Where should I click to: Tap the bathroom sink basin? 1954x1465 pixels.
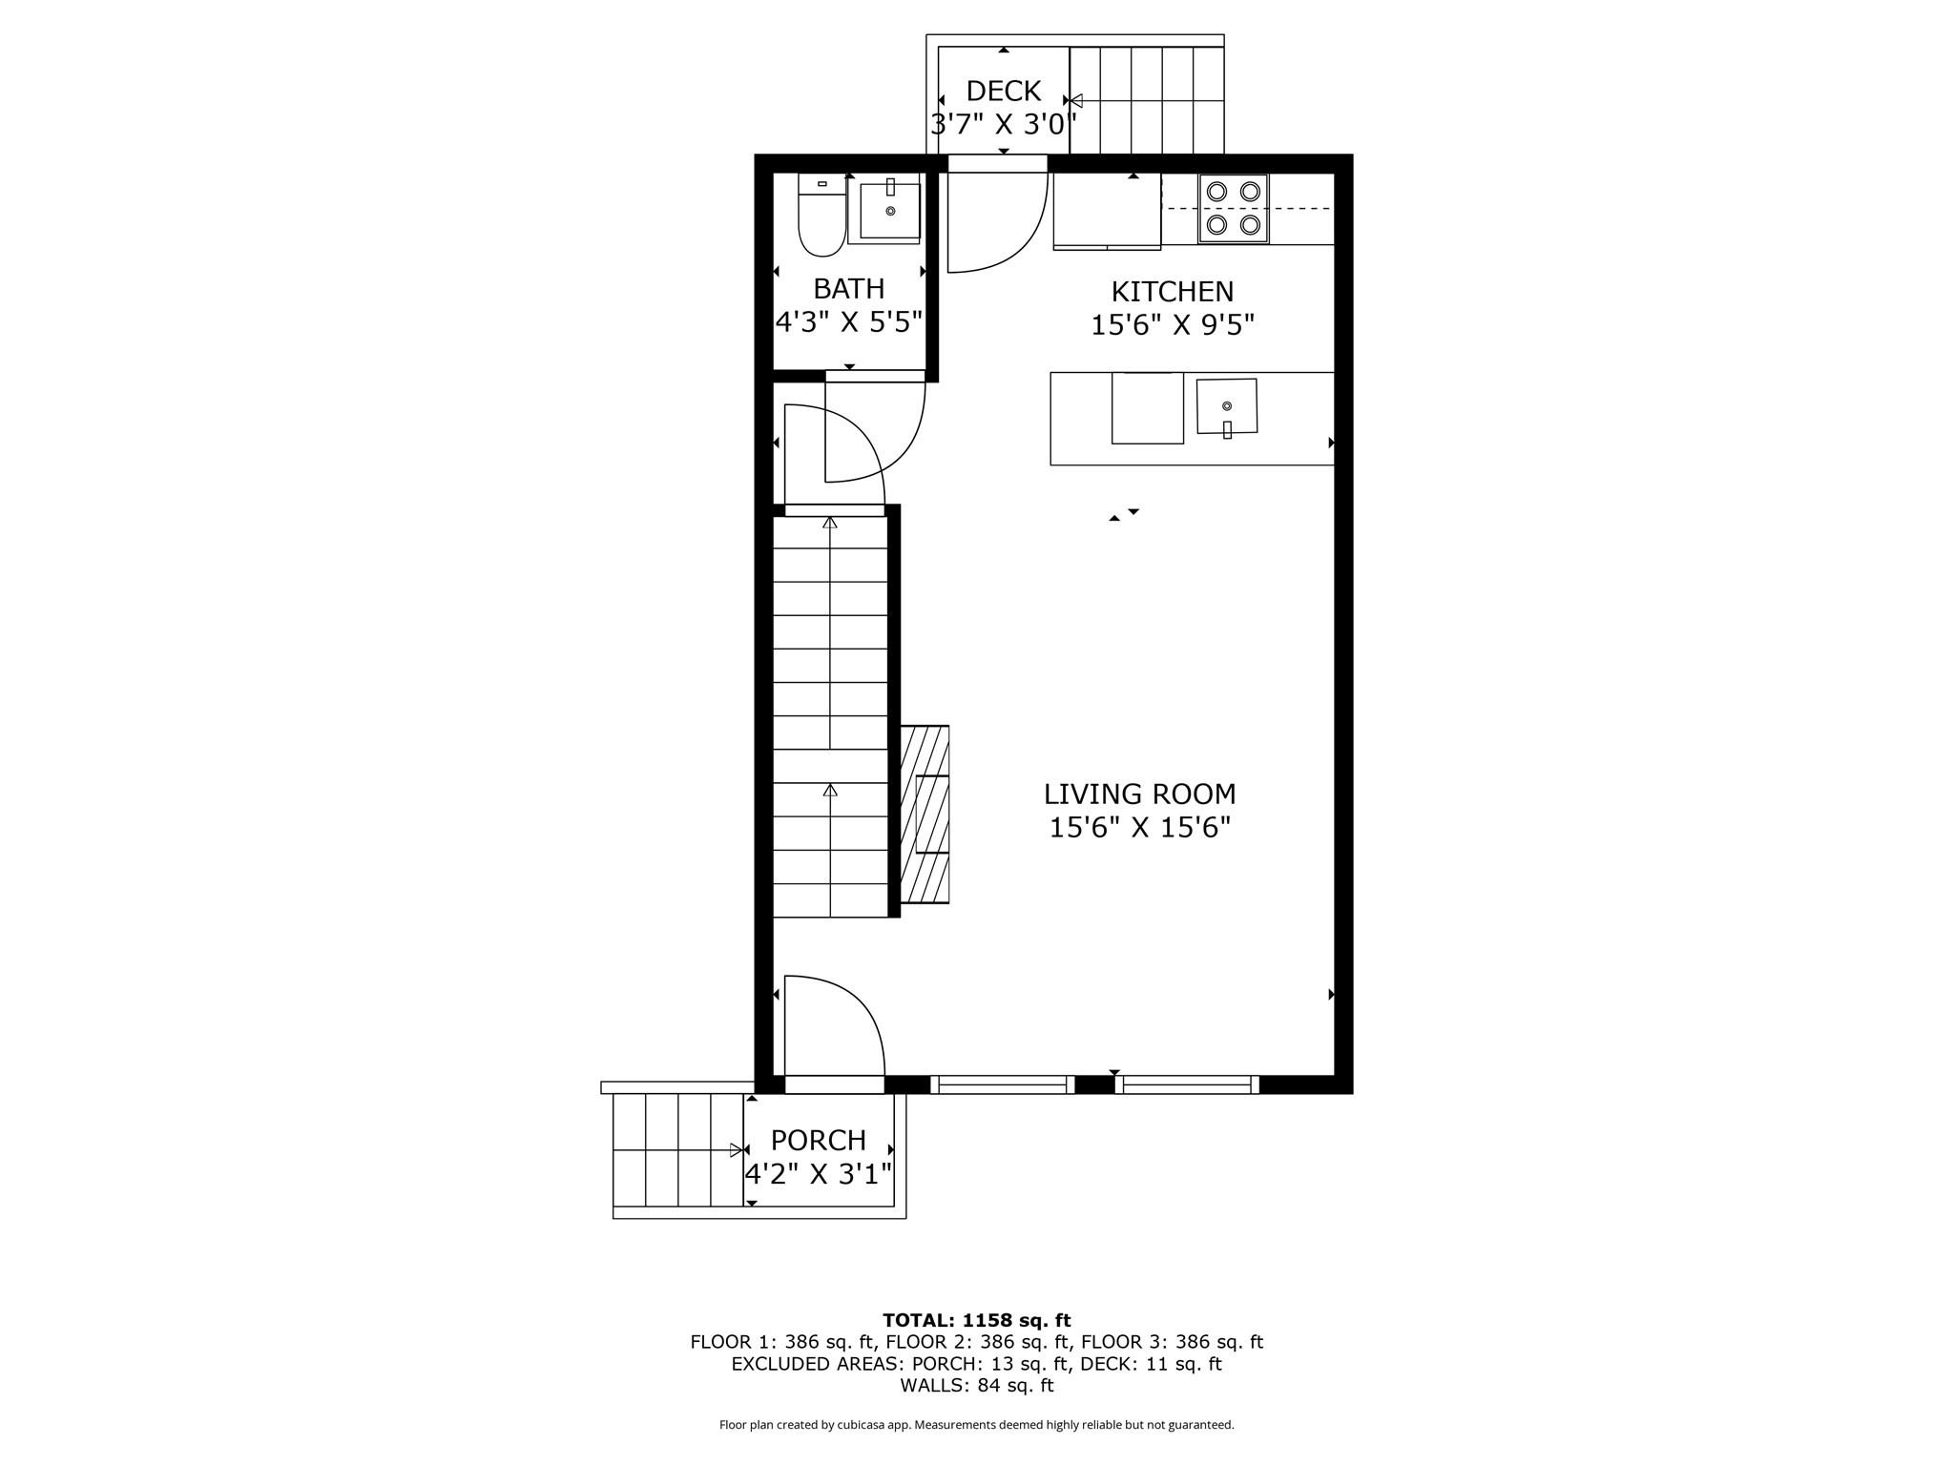tap(890, 210)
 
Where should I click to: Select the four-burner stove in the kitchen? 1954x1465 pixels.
tap(1233, 208)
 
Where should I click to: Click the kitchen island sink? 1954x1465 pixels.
tap(1227, 407)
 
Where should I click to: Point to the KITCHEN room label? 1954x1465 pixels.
tap(1172, 292)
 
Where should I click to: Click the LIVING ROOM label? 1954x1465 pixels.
tap(1139, 794)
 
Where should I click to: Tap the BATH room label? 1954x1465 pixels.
tap(848, 289)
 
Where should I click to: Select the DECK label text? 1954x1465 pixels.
tap(1003, 92)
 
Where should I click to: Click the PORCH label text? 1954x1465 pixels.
tap(818, 1141)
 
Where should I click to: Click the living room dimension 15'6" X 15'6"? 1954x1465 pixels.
tap(1139, 828)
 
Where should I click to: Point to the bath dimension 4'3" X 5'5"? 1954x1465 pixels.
tap(848, 322)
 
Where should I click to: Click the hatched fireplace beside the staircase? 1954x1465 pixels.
tap(925, 815)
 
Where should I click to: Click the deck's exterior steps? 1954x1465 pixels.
tap(1146, 100)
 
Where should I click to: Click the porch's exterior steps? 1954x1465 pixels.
tap(677, 1150)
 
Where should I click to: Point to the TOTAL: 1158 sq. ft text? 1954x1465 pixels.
tap(976, 1320)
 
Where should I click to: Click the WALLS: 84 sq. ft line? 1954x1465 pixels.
tap(976, 1385)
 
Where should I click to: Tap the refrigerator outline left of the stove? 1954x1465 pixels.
tap(1107, 211)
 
